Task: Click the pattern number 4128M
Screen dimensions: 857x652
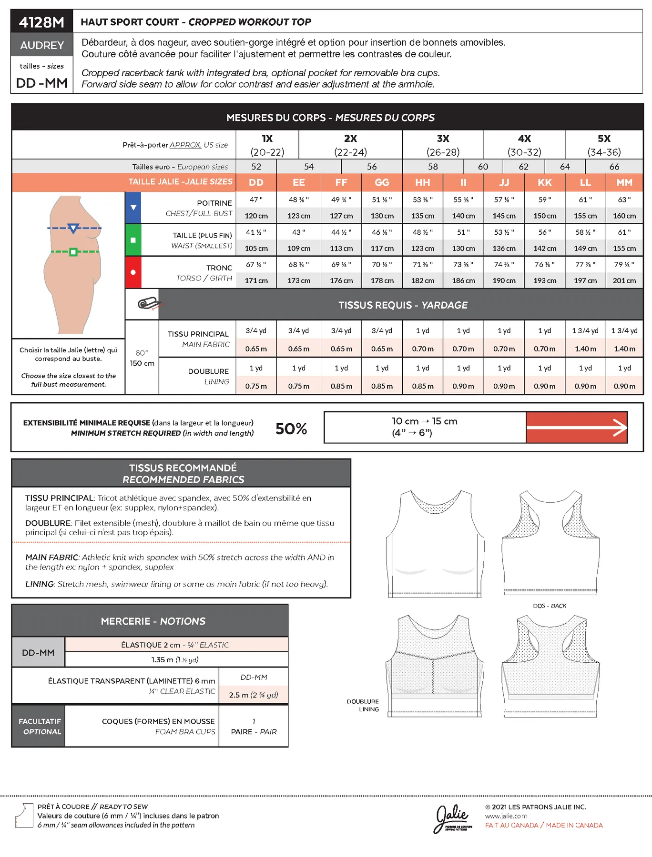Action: (41, 22)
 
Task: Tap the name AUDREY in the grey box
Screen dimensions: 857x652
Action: (42, 45)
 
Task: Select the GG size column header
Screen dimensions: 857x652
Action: (382, 182)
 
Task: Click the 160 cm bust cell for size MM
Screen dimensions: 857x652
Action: (624, 216)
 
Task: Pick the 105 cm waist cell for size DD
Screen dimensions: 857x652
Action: (256, 248)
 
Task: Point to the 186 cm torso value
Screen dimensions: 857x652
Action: (463, 280)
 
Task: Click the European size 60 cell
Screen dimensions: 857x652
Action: (483, 167)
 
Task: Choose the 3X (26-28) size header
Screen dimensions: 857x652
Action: (443, 145)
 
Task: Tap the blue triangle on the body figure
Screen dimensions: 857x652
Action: (73, 229)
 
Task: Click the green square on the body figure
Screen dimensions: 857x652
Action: (73, 252)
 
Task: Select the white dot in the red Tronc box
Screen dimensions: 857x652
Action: (133, 272)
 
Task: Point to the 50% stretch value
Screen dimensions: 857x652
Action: (291, 428)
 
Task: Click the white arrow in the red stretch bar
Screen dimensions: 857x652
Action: (619, 427)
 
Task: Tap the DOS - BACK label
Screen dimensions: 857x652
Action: (550, 606)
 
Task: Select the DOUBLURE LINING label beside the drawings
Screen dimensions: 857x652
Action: (363, 705)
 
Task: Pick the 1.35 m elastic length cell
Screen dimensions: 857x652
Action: (175, 659)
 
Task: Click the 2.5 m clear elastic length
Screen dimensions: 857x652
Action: (253, 695)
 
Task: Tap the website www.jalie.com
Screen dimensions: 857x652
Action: (506, 816)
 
